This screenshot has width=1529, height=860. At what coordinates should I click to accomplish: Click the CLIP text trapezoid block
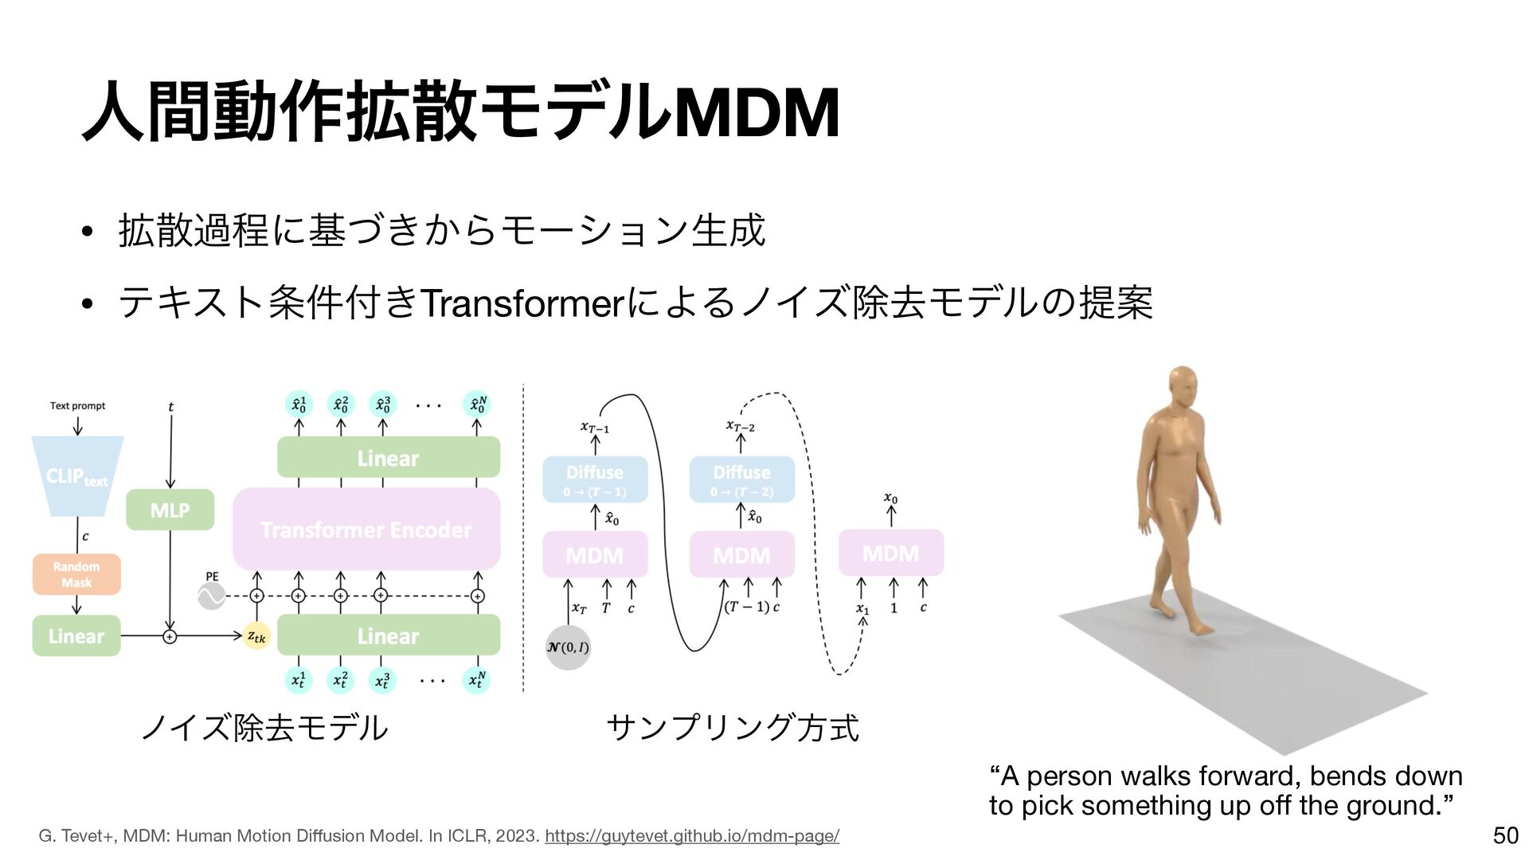[77, 475]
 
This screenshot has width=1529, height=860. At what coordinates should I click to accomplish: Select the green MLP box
[170, 510]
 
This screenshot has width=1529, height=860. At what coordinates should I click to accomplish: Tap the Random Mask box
[76, 574]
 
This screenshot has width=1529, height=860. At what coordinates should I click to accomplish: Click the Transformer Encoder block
[366, 530]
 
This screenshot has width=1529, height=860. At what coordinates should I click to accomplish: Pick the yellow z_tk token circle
[257, 636]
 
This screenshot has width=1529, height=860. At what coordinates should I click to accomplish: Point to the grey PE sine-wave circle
[212, 596]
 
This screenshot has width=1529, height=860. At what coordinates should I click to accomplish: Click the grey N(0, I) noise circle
[568, 647]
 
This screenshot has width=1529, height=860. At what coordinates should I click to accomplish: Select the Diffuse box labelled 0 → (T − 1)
[595, 479]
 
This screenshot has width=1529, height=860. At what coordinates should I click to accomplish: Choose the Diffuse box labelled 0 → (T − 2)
[741, 479]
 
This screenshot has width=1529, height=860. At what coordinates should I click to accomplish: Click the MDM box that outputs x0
[890, 553]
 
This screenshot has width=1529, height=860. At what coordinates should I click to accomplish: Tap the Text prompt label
[77, 406]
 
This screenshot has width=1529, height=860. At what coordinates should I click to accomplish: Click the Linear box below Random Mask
[76, 636]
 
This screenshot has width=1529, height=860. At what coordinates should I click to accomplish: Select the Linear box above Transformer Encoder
[388, 458]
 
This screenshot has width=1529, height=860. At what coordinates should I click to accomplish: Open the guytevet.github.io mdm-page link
[691, 836]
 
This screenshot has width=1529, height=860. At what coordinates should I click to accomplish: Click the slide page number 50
[1505, 835]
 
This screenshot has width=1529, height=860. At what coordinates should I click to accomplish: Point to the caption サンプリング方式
[733, 727]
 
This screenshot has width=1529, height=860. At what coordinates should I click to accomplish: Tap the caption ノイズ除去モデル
[264, 727]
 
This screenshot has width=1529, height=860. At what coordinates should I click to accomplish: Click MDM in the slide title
[757, 113]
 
